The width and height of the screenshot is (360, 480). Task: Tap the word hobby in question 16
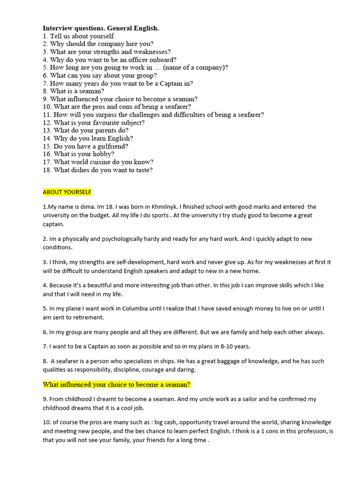104,154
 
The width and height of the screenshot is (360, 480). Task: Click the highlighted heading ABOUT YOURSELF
67,192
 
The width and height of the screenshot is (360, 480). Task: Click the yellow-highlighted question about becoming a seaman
117,385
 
